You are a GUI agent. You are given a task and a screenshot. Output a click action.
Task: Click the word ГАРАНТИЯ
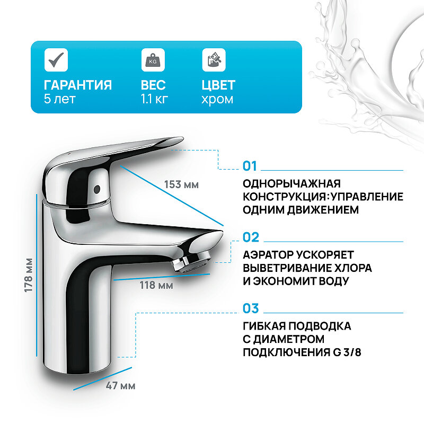coord(78,85)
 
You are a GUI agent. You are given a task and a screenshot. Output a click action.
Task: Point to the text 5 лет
coord(59,99)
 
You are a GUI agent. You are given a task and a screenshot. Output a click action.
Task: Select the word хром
coord(217,99)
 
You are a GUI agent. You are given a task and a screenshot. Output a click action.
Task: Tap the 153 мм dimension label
coord(181,184)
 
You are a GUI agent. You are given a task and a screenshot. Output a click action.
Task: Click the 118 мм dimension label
coord(155,285)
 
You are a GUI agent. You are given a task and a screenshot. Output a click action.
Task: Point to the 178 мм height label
coord(29,276)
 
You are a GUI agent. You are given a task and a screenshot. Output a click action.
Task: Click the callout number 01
coord(250,166)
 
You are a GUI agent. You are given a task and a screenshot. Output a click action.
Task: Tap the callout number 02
coord(251,237)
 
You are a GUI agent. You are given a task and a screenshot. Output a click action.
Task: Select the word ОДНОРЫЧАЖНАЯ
coord(291,184)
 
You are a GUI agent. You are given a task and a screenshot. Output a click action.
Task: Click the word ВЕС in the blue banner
coord(153,85)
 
